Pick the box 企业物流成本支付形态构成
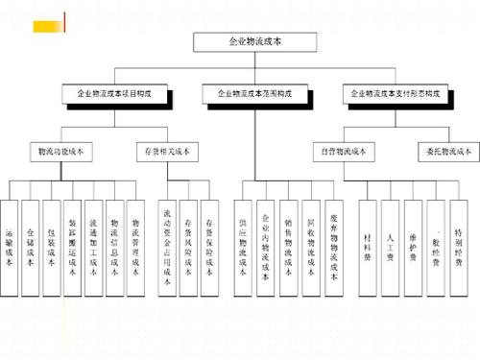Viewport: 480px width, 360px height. pos(396,93)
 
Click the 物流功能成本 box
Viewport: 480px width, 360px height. pos(61,151)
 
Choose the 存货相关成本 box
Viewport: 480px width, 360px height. pos(169,151)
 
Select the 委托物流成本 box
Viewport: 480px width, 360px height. pos(444,151)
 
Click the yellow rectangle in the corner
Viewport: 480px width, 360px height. pos(41,19)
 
